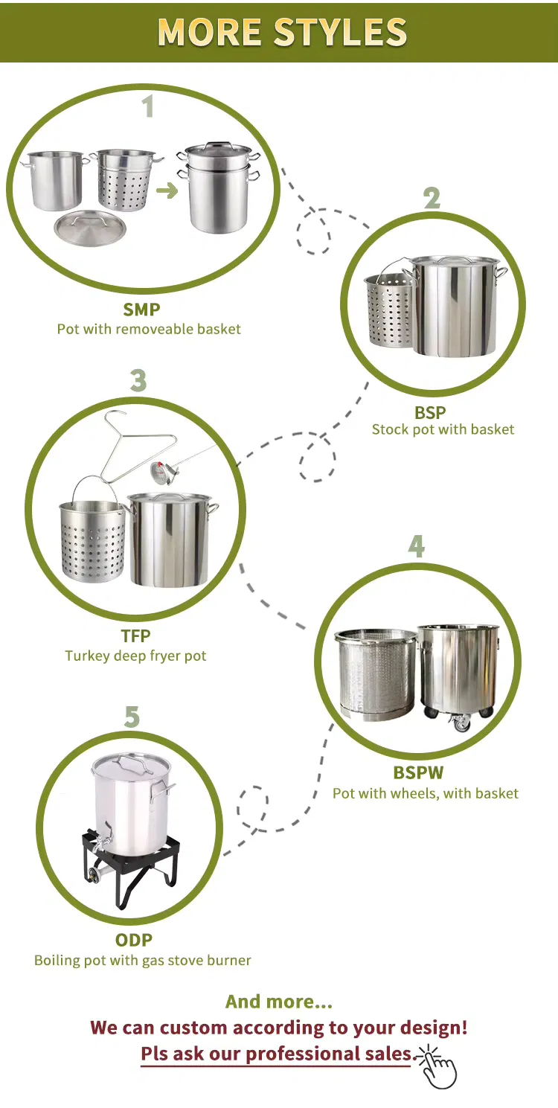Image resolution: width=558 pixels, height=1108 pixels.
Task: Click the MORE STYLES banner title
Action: (282, 32)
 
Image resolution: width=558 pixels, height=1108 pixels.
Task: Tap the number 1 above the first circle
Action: (148, 106)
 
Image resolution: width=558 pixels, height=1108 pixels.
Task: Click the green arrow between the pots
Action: (167, 190)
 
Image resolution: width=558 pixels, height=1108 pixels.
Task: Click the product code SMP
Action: (141, 310)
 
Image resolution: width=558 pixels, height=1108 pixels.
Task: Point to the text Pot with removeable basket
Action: (149, 329)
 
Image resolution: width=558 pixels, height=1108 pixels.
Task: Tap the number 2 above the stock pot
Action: (432, 199)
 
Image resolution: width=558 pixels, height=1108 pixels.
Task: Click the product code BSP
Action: (430, 412)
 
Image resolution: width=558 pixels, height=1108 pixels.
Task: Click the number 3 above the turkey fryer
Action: (138, 380)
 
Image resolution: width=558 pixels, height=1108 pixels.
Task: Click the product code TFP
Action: (135, 636)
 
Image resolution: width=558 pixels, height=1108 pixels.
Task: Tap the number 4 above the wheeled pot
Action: (417, 546)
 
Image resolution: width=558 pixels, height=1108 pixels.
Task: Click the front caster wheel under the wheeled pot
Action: (461, 723)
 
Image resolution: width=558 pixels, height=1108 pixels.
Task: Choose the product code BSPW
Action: (418, 772)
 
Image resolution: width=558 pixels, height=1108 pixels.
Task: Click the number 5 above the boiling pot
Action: (132, 717)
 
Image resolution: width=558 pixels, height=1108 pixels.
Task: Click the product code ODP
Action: (134, 940)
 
